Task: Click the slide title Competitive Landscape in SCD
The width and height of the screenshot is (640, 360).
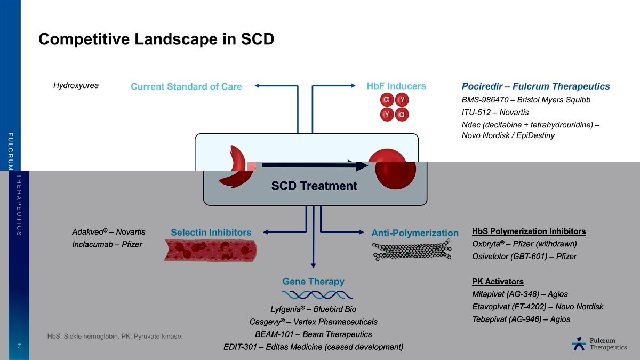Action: (x=156, y=39)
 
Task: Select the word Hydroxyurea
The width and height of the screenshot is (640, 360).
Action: (x=76, y=85)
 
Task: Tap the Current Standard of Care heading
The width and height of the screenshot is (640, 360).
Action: (x=186, y=86)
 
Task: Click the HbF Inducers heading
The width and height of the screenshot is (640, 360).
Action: (x=396, y=86)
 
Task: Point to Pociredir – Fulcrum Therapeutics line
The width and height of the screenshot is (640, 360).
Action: (x=535, y=86)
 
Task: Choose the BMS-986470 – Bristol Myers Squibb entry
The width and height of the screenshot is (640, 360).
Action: (x=526, y=100)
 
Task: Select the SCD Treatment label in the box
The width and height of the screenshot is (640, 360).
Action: (x=314, y=186)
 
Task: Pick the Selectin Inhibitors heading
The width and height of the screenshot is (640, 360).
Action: (x=211, y=233)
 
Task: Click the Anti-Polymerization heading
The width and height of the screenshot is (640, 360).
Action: (x=415, y=233)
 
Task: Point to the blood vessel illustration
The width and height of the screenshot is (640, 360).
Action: (x=211, y=250)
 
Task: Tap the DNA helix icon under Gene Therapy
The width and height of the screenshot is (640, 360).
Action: (x=317, y=295)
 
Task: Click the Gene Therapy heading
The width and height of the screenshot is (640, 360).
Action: (x=313, y=282)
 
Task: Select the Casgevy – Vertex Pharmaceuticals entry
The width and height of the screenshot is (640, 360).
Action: (x=313, y=322)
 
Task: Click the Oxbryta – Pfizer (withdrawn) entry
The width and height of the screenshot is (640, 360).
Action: (x=525, y=244)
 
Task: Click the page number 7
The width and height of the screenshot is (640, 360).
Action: (x=19, y=347)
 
